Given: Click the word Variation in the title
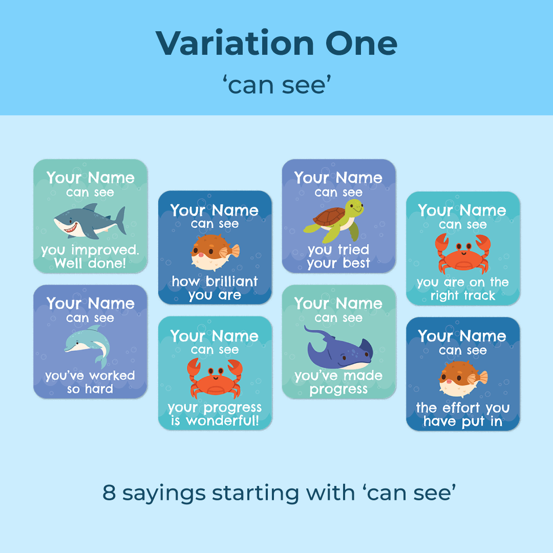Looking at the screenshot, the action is coord(235,44).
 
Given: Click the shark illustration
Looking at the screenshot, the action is coord(90,221).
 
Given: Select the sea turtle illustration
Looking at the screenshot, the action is coord(334,220).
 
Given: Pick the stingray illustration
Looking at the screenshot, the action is coord(338,347).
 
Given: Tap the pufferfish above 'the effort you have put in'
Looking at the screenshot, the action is coord(463,379).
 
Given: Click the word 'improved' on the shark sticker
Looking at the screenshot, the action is coord(105,250).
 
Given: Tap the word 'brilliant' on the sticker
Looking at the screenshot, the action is coord(232,282).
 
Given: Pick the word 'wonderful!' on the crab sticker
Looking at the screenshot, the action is coord(223,420).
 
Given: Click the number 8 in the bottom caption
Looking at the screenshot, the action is coord(109,493).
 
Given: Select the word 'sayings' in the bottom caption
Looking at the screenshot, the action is coord(164,494).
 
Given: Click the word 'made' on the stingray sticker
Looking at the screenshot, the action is coord(363,376).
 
